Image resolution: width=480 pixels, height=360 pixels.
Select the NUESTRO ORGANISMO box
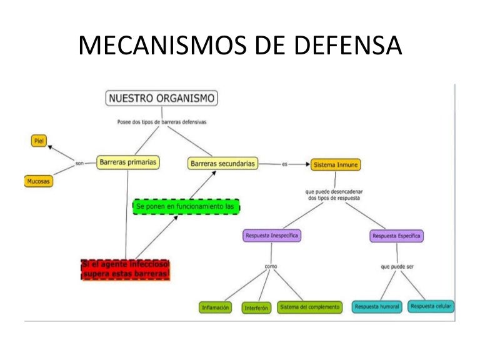[161, 98]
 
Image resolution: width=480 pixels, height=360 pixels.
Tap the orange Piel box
[39, 141]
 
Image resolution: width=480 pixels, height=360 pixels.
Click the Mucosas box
[38, 181]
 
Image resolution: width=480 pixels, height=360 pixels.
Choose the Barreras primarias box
[127, 162]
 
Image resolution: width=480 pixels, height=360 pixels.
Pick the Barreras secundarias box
[223, 163]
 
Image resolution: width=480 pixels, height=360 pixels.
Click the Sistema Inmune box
[336, 165]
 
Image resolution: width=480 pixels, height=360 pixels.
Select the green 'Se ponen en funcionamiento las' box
[186, 206]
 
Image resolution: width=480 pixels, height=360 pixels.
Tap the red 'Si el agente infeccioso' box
[126, 269]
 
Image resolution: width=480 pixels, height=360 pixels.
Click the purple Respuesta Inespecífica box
[271, 236]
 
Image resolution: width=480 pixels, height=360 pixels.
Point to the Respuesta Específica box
[397, 236]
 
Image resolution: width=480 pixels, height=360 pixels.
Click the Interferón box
[257, 307]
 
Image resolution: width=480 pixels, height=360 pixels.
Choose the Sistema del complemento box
[310, 307]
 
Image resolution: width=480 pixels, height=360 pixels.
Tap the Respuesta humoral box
[377, 307]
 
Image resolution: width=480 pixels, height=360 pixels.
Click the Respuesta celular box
[431, 306]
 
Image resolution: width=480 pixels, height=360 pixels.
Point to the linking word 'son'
[79, 164]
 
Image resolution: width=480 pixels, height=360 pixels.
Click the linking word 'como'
[271, 267]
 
